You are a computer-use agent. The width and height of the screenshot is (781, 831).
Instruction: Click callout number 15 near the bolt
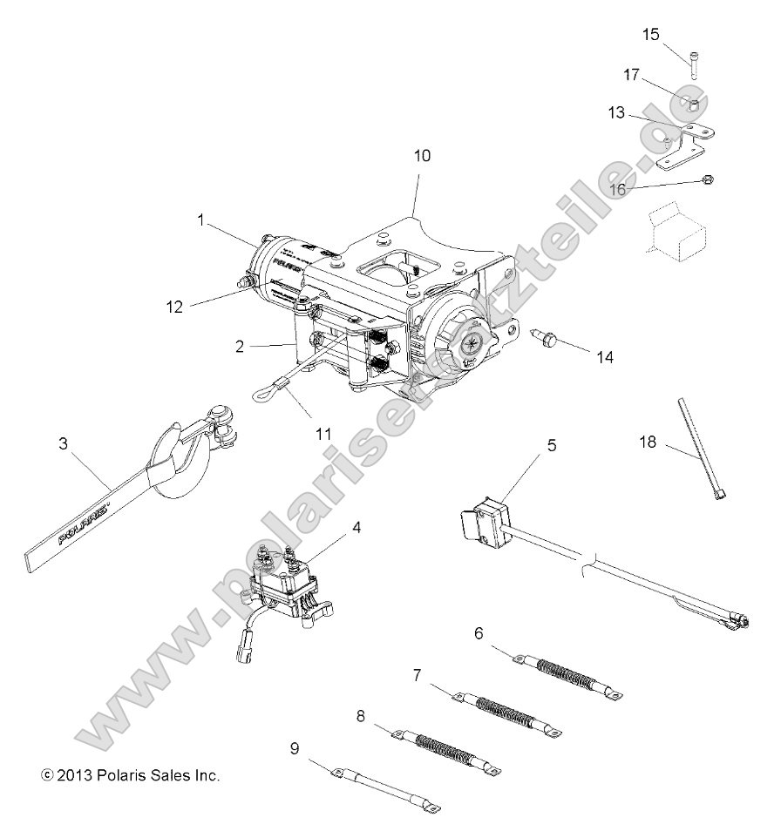651,35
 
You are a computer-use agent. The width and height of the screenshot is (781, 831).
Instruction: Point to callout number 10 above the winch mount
422,156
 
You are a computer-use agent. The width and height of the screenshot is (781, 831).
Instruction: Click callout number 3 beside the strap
62,443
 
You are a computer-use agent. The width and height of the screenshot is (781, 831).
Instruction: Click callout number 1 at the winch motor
201,221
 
